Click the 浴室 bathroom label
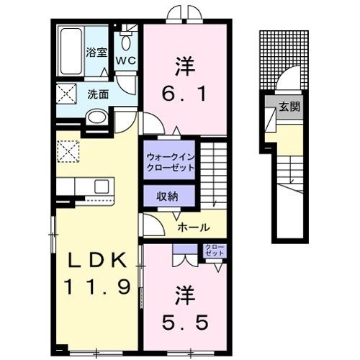tap(96, 53)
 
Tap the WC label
tap(126, 61)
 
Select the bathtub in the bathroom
tap(71, 51)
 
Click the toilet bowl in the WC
tap(126, 42)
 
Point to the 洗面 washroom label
tap(98, 94)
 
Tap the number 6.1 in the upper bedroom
tap(184, 94)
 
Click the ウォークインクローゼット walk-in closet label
tap(170, 162)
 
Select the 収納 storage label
tap(167, 197)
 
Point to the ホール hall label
tap(194, 227)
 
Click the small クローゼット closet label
tap(215, 250)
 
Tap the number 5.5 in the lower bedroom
tap(184, 323)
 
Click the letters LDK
tap(97, 260)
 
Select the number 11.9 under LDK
tap(97, 287)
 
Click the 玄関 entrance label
tap(290, 107)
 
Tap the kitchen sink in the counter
tap(102, 186)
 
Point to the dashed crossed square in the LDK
tap(68, 151)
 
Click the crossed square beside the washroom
tap(66, 94)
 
